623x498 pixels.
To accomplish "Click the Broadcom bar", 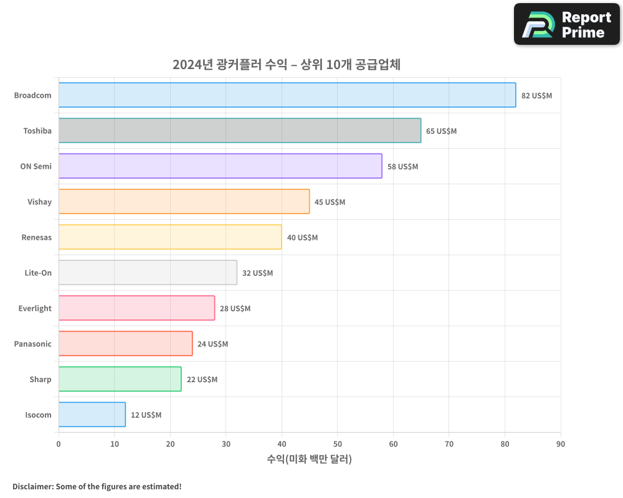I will tap(287, 95).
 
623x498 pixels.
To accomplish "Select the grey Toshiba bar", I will tap(240, 131).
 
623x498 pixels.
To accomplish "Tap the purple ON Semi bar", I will tap(220, 166).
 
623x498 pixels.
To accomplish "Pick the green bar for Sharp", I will tap(120, 379).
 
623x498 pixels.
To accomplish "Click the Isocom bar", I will tap(92, 415).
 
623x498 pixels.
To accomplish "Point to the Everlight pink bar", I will tap(136, 308).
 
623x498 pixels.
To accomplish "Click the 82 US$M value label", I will tap(536, 96).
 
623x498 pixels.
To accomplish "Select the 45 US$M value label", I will tap(330, 202).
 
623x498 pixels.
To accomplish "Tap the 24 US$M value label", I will tap(212, 344).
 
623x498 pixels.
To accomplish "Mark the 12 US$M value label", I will tap(146, 415).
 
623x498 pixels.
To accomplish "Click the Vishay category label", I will tap(39, 202).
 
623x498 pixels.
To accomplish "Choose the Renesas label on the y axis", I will tap(36, 237).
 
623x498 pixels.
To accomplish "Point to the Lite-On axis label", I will tap(38, 273).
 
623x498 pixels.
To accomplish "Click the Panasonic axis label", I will tap(32, 344).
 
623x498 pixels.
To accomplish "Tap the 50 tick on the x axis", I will tap(337, 444).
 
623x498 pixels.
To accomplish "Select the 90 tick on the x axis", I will tap(561, 444).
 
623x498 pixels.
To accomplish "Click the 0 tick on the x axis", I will tap(59, 444).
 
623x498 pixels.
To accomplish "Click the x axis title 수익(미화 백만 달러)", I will tap(309, 459).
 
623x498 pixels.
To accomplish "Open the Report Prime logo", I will tap(566, 24).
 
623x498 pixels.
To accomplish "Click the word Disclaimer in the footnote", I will tap(32, 486).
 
